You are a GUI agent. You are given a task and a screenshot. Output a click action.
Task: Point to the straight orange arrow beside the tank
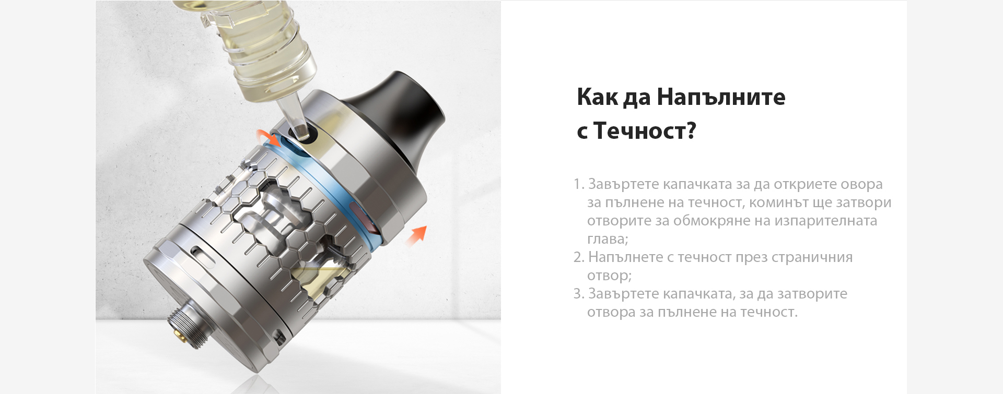coord(416,235)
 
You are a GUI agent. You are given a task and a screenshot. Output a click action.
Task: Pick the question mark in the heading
coord(690,130)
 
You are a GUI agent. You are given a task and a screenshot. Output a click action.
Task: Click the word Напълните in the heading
coord(721,97)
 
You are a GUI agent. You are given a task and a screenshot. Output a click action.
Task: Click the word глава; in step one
coord(608,239)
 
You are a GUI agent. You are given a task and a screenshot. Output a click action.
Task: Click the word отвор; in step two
coord(610,276)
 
